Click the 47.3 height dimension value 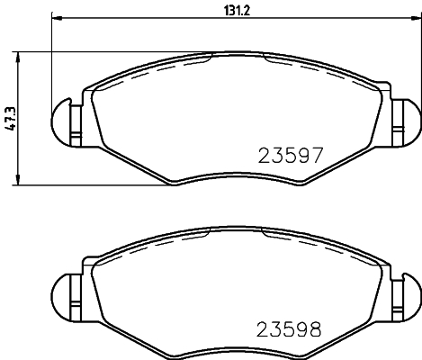10,118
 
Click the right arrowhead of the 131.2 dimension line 416,18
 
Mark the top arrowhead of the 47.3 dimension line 20,53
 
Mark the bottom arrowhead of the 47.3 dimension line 20,183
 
